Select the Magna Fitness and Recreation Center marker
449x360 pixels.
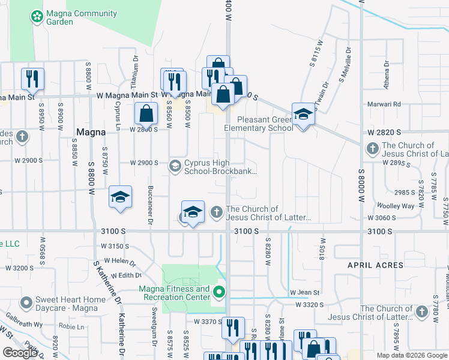tap(220, 293)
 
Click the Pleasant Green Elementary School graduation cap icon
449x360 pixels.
tap(303, 114)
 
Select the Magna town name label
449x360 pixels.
tap(92, 132)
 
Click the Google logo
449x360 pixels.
tap(20, 353)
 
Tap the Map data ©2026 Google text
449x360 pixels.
tap(411, 355)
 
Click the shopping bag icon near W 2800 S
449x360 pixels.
tap(146, 113)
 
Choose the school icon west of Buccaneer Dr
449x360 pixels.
tap(120, 197)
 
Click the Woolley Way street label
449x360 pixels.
tap(399, 206)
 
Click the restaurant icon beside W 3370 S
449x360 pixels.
tap(233, 327)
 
